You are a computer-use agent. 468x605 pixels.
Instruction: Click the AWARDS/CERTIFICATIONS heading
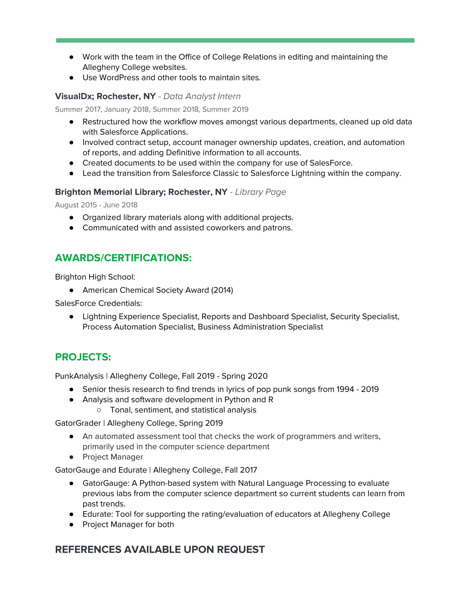123,258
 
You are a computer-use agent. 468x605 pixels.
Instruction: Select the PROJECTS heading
83,357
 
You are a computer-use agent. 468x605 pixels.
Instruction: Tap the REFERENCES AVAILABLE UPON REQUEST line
160,549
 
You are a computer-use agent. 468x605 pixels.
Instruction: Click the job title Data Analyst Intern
202,96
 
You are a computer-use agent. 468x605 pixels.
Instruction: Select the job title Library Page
260,192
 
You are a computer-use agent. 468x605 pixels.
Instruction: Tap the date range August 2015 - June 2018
96,205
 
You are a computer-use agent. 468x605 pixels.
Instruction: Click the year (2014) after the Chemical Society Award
222,290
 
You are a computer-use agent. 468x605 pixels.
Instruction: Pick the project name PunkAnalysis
79,376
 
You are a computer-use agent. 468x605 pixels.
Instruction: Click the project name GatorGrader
78,423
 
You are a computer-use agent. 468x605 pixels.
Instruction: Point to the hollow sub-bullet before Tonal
99,410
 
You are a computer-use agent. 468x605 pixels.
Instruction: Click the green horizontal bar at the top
235,40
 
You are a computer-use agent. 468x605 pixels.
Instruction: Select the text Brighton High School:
95,277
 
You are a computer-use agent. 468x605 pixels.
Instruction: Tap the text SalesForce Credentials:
99,303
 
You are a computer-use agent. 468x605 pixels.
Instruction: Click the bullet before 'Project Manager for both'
72,524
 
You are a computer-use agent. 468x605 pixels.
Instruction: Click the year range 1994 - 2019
357,389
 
